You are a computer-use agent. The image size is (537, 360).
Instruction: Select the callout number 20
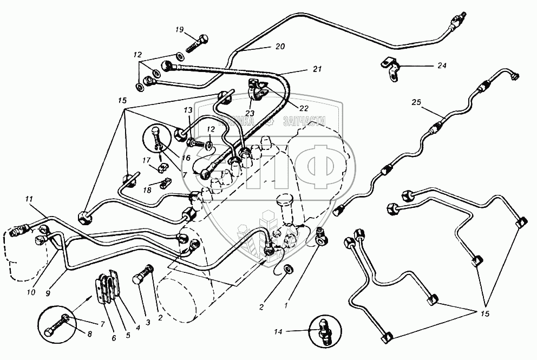pos(279,47)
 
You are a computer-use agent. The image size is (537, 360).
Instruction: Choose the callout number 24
pos(442,66)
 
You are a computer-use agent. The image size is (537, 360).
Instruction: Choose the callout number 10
pos(31,292)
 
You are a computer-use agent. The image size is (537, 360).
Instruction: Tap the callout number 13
pos(187,110)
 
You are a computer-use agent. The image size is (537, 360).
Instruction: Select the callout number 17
pos(146,160)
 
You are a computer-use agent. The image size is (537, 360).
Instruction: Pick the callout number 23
pos(250,114)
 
